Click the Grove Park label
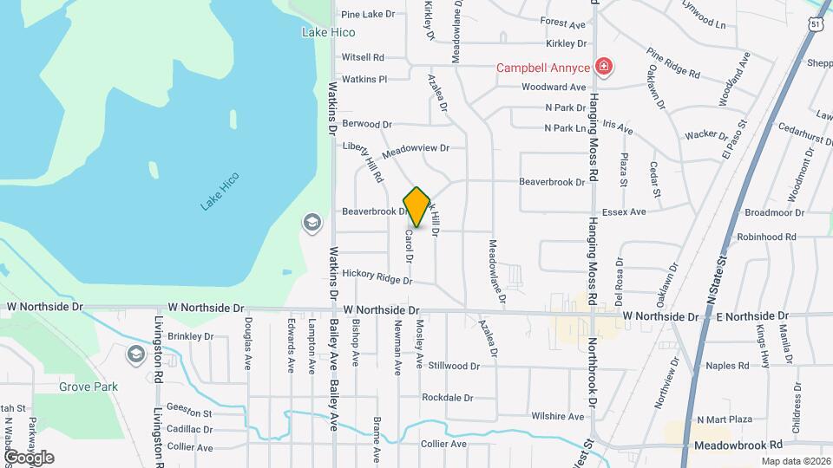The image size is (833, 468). point(89,387)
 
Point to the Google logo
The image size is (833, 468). point(28,457)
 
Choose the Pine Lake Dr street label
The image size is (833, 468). point(368,14)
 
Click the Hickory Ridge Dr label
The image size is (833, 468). point(377,276)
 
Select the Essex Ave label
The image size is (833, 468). point(624,211)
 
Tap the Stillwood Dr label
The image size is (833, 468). point(454,366)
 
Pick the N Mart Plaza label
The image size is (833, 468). point(719,419)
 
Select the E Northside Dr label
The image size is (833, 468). point(752,317)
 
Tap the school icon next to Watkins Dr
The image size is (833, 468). point(312,224)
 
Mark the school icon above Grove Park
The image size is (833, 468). point(135,354)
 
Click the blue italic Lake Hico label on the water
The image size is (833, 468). point(220,191)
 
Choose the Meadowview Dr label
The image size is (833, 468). point(416,148)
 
